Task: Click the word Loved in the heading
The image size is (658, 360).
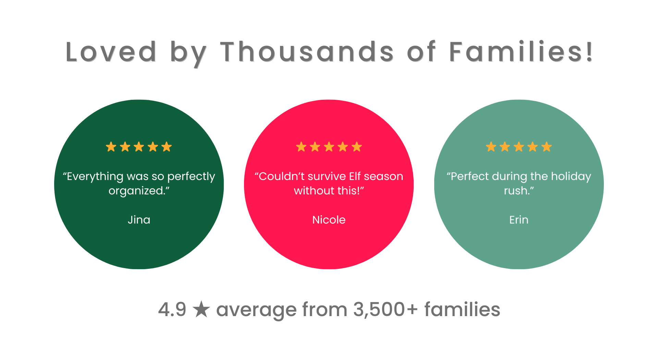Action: point(111,52)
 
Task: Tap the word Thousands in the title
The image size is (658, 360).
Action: point(307,52)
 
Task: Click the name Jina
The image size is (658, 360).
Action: point(139,220)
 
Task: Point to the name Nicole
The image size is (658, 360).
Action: point(329,220)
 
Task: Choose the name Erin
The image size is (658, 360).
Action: point(519,220)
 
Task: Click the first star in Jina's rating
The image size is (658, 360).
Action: point(111,147)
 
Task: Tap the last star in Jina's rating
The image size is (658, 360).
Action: point(167,147)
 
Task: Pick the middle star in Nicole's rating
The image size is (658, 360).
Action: point(329,147)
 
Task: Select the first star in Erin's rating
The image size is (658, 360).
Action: point(491,147)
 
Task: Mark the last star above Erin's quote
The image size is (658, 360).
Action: point(547,147)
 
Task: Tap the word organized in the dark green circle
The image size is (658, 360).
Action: point(136,191)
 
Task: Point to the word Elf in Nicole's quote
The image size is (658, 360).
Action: point(355,176)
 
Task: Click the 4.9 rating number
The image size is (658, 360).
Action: point(172,310)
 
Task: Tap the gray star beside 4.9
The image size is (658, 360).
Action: point(201,309)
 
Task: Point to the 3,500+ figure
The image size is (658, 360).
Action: point(386,310)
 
